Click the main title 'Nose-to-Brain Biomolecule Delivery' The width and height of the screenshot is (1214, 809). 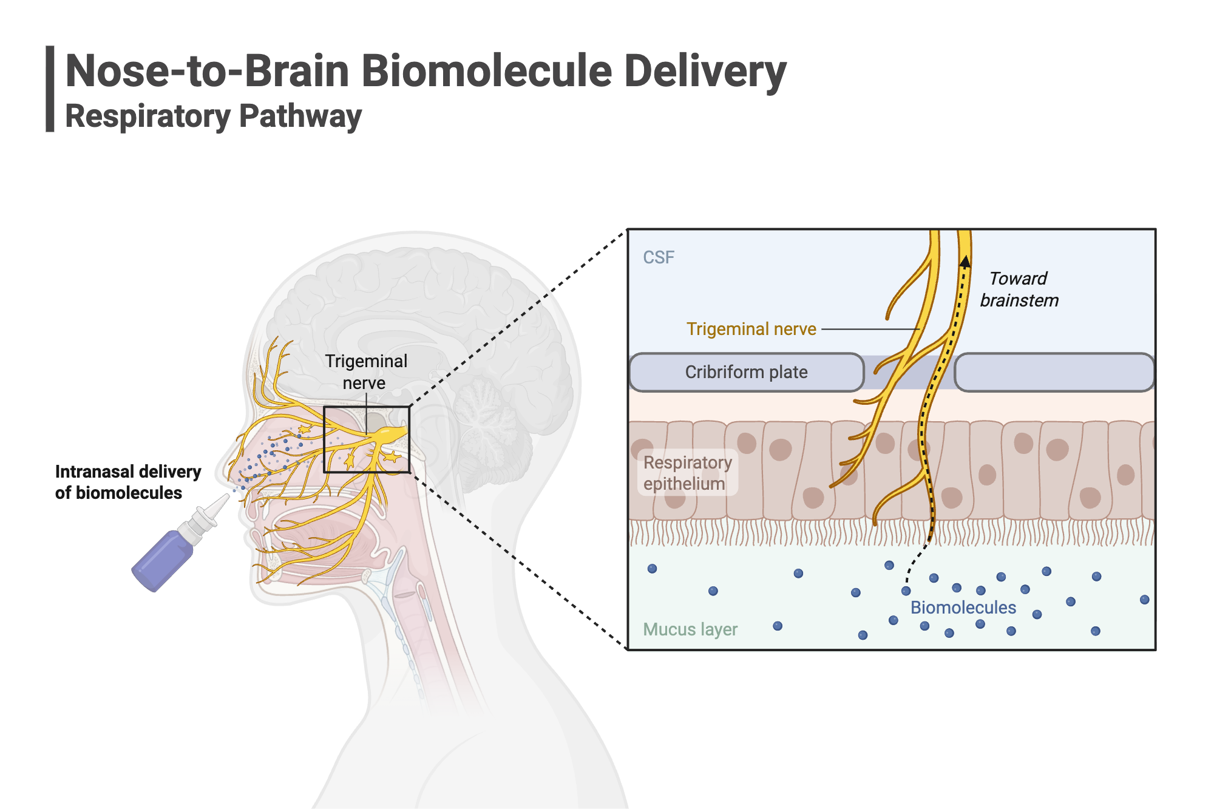point(425,71)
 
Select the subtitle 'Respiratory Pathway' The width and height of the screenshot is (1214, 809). point(213,116)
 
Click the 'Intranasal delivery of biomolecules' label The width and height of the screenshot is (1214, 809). point(127,482)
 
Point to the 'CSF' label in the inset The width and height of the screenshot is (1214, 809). point(658,257)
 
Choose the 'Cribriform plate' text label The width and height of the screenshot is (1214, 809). point(746,372)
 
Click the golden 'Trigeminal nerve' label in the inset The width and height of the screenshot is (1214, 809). point(751,329)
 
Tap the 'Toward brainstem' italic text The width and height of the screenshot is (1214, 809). point(1019,289)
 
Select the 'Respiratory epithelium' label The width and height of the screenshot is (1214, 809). point(687,473)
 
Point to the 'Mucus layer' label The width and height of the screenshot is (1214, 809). point(690,629)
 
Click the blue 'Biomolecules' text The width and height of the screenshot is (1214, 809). point(963,608)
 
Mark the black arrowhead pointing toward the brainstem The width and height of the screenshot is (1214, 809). point(965,262)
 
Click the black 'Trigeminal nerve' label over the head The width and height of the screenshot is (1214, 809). point(365,371)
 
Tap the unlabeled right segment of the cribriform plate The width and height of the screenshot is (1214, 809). point(1054,372)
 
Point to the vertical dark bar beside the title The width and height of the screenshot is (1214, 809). point(50,89)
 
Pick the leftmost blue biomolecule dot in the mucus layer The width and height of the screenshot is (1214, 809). point(652,569)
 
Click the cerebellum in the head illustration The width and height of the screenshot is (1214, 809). point(486,413)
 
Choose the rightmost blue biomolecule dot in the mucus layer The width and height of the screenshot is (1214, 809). point(1144,600)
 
